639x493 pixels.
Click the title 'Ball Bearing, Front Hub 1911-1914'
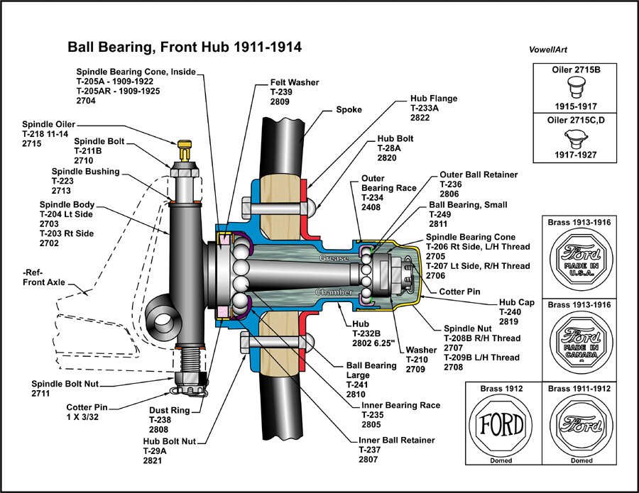(185, 48)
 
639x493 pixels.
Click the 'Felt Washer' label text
(295, 82)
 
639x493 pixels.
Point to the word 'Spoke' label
(349, 110)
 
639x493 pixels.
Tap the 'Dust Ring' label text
(170, 409)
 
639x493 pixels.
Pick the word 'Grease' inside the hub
(334, 258)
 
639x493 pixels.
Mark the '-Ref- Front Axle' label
(43, 277)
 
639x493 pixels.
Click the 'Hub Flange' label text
(434, 99)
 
